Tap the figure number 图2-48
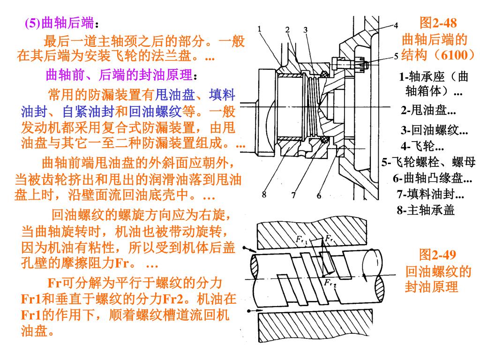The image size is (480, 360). coord(438,22)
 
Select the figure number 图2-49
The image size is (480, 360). coord(437,255)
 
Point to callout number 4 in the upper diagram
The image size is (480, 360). coord(396,25)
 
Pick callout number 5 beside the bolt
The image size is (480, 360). coord(396,56)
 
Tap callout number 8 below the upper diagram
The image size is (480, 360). coord(264,195)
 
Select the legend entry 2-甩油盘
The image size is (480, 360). coord(427,111)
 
